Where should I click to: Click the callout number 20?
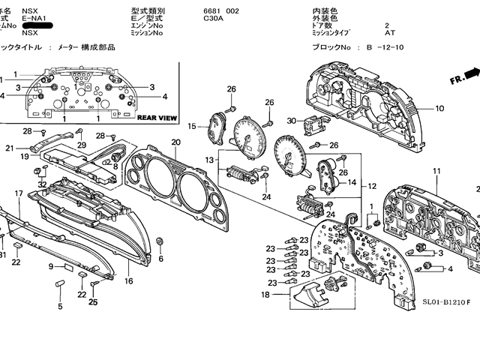point(175,142)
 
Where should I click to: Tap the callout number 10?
point(439,109)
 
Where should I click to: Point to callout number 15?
point(192,126)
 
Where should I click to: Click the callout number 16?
point(128,281)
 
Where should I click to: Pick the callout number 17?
point(19,193)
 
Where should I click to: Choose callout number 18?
point(265,295)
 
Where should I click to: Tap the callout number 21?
point(10,148)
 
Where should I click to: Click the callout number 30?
point(292,119)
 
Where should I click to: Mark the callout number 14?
point(351,182)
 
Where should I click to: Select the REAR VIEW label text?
point(157,118)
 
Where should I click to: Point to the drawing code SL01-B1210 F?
point(445,301)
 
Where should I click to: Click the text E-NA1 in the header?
point(34,18)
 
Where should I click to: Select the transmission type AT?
point(390,33)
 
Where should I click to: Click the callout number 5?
point(60,306)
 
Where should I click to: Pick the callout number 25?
point(94,302)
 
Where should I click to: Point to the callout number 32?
point(42,184)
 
